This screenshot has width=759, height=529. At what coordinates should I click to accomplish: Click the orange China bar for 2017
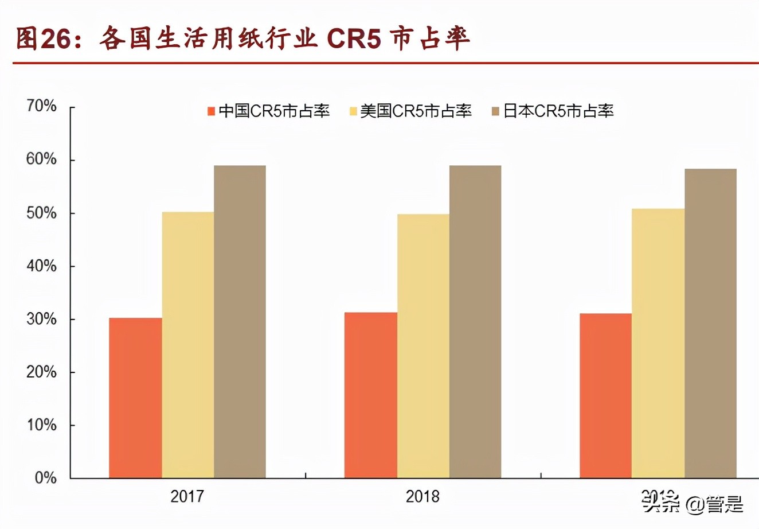pyautogui.click(x=135, y=398)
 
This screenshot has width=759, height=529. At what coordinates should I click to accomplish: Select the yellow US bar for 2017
pyautogui.click(x=188, y=345)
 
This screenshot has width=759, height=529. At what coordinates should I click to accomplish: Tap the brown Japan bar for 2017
pyautogui.click(x=240, y=321)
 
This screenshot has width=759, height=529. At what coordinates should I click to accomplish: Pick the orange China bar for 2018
pyautogui.click(x=370, y=395)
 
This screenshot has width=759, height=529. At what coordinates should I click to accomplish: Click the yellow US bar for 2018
pyautogui.click(x=423, y=346)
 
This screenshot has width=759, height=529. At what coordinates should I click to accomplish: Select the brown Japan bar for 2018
pyautogui.click(x=475, y=321)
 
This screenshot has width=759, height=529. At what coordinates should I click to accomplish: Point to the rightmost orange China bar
pyautogui.click(x=605, y=395)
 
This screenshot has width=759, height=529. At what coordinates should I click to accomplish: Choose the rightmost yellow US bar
pyautogui.click(x=658, y=343)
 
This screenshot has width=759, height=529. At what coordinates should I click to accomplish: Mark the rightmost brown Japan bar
pyautogui.click(x=710, y=323)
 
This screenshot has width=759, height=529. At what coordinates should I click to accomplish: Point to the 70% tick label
pyautogui.click(x=41, y=106)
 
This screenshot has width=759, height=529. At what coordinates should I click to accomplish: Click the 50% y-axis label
pyautogui.click(x=41, y=213)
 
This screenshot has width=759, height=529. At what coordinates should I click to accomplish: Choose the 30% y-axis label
pyautogui.click(x=41, y=319)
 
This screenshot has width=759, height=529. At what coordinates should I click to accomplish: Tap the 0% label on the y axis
pyautogui.click(x=45, y=478)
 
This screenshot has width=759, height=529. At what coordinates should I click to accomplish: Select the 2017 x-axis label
pyautogui.click(x=187, y=496)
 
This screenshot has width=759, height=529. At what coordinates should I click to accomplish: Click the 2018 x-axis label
pyautogui.click(x=422, y=496)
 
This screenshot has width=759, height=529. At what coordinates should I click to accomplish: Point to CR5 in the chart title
pyautogui.click(x=353, y=39)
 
